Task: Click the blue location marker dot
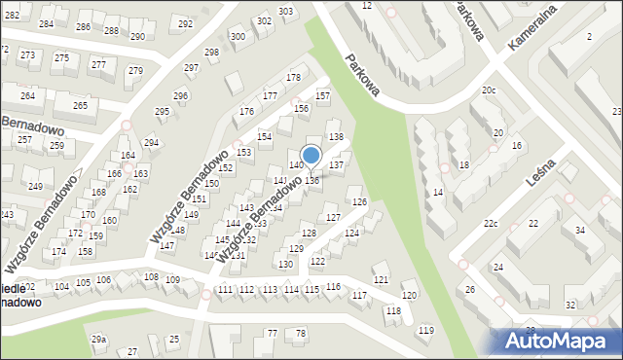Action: pos(311,155)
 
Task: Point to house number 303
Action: pos(285,12)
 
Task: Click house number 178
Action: pos(292,77)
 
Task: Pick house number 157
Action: pos(323,96)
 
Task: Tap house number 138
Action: pos(335,136)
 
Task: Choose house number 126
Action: pos(359,201)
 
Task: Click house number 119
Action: pos(425,331)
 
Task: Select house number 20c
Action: pos(489,90)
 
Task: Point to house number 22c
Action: pos(491,225)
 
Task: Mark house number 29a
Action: pos(98,339)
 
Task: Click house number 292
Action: pos(186,22)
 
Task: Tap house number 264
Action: pos(27,96)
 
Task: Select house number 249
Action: pos(35,186)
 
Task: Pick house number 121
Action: pos(382,279)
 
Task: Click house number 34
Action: pos(580,230)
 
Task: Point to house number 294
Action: pos(151,143)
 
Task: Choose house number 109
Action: pos(172,280)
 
